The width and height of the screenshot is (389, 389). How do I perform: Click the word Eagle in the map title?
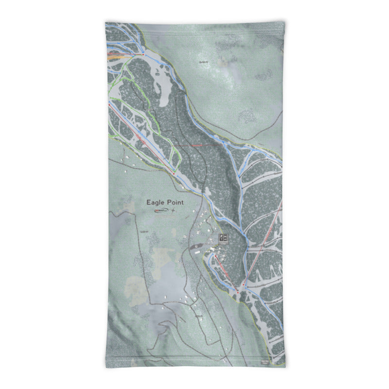pos(156,202)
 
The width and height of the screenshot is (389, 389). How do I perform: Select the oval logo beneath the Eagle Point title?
pos(160,211)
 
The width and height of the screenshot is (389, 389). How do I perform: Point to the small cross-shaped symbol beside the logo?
pos(173,211)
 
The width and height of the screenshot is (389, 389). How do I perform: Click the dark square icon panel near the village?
pos(224,238)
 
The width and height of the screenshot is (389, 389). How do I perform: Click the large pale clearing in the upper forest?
pos(160,83)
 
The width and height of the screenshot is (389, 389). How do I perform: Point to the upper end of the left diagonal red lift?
pos(110,104)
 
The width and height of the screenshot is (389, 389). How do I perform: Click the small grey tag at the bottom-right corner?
pos(264,361)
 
